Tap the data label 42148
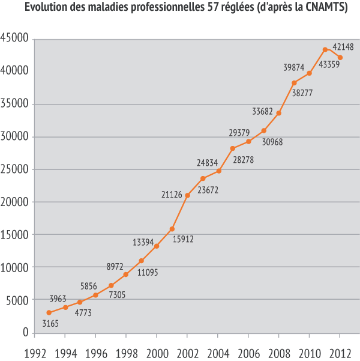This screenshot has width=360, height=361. pyautogui.click(x=343, y=47)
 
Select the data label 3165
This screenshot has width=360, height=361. pyautogui.click(x=52, y=324)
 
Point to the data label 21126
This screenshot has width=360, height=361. pyautogui.click(x=172, y=193)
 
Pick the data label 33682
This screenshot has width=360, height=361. pyautogui.click(x=262, y=111)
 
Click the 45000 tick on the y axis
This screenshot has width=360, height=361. pyautogui.click(x=16, y=38)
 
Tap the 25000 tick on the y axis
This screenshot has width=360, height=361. pyautogui.click(x=16, y=169)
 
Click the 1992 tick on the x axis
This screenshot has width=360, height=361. pyautogui.click(x=35, y=353)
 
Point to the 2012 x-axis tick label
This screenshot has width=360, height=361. pyautogui.click(x=340, y=353)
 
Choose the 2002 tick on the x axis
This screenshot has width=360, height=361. pyautogui.click(x=187, y=353)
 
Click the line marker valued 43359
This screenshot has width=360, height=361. pyautogui.click(x=325, y=50)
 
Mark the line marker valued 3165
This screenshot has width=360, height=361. pyautogui.click(x=49, y=313)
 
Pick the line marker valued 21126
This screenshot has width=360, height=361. pyautogui.click(x=187, y=195)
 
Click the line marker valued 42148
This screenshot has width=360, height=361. pyautogui.click(x=340, y=58)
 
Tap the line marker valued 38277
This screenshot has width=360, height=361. pyautogui.click(x=294, y=83)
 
